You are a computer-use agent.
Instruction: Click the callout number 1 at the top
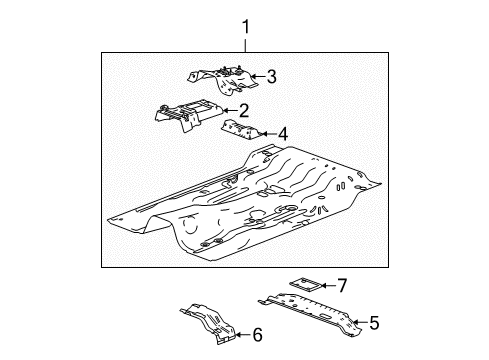click(x=246, y=27)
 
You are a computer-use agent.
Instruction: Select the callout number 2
click(x=244, y=110)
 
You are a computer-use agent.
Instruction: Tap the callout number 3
click(x=272, y=76)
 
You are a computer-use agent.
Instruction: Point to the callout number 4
click(x=283, y=134)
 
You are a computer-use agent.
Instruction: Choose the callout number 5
click(x=374, y=323)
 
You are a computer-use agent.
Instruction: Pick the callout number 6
click(x=258, y=335)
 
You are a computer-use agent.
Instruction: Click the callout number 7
click(x=342, y=286)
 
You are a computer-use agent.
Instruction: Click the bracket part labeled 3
click(x=223, y=81)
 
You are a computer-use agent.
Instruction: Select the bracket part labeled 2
click(x=187, y=114)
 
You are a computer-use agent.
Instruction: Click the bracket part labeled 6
click(x=210, y=323)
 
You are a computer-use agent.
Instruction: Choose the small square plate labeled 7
click(x=306, y=285)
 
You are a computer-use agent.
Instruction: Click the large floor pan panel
click(x=245, y=203)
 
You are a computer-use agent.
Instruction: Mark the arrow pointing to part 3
click(x=259, y=76)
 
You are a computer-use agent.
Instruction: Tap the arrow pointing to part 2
click(x=230, y=110)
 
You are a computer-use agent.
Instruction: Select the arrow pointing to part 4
click(x=269, y=134)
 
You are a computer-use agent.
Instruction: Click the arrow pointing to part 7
click(x=329, y=286)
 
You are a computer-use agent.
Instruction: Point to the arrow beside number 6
click(x=244, y=335)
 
